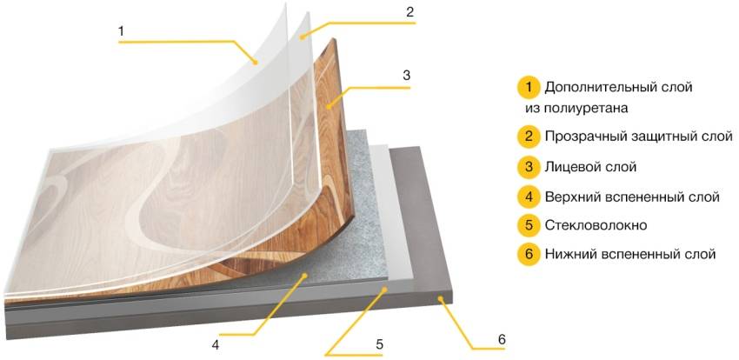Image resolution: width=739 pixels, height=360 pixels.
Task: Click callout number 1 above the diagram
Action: point(121,31)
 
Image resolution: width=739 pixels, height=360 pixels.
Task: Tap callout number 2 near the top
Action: point(410,12)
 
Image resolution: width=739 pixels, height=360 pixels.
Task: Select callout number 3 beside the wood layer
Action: point(406,76)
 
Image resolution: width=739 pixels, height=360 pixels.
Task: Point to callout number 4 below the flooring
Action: point(216,345)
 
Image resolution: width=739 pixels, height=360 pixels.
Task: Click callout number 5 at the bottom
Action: point(379,344)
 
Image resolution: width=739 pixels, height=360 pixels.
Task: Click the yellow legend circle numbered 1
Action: point(529,88)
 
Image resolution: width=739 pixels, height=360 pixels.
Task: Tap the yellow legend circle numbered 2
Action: point(529,137)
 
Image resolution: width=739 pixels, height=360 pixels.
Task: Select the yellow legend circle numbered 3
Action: point(529,167)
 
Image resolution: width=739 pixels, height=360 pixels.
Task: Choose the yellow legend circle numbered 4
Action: point(529,197)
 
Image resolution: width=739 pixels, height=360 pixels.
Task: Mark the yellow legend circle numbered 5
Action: point(529,225)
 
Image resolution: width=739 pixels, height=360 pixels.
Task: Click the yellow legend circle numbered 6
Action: point(529,255)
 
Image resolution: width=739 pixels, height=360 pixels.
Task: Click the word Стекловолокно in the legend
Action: point(596,225)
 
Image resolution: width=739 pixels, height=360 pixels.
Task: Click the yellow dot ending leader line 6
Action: point(441,297)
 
